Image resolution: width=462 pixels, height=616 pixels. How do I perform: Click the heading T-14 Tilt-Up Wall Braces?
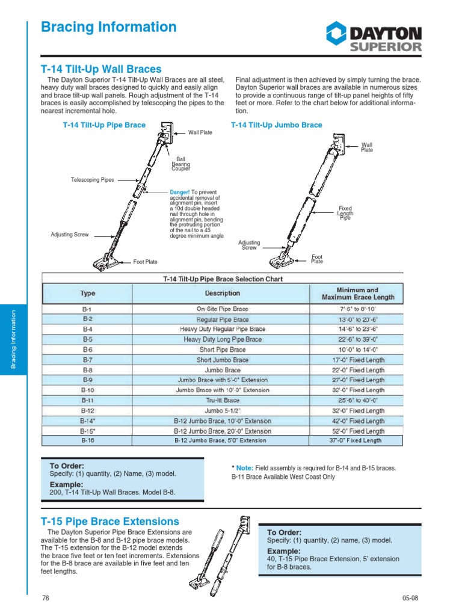(100, 69)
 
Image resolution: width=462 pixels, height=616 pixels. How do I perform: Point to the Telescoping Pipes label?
(92, 180)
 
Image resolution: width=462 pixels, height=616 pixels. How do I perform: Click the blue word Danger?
(180, 192)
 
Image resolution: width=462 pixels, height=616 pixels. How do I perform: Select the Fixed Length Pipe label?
(345, 213)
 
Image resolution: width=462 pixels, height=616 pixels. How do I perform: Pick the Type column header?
(88, 294)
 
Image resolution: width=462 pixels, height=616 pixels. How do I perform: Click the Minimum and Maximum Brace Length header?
(358, 294)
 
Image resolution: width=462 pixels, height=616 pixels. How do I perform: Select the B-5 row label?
(88, 339)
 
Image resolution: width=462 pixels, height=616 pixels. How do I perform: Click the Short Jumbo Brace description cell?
(223, 360)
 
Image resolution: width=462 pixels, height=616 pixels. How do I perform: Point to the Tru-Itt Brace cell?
(223, 400)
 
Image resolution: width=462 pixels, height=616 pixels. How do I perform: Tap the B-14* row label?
(88, 420)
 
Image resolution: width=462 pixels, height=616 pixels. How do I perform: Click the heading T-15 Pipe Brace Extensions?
(109, 521)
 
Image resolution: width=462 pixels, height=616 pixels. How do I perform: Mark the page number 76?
(46, 598)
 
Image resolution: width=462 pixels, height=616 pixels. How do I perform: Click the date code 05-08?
(410, 598)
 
